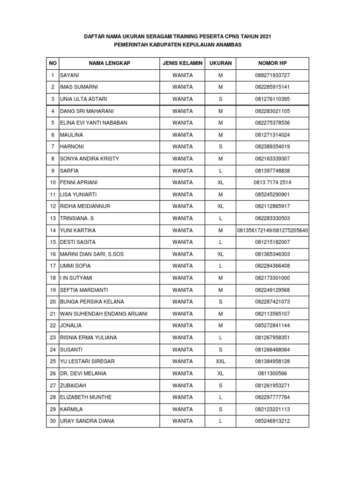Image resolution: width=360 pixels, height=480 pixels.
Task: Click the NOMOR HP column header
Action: tap(272, 63)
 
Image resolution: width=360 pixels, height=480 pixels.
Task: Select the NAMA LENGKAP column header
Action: tap(110, 63)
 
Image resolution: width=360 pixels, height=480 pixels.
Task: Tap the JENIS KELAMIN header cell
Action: tap(182, 63)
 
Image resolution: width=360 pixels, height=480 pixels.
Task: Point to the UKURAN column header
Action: tap(220, 63)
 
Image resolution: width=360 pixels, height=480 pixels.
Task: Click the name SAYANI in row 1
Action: tap(69, 75)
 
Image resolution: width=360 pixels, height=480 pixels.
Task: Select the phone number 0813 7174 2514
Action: tap(272, 182)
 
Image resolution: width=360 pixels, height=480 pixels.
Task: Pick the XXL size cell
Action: tap(220, 361)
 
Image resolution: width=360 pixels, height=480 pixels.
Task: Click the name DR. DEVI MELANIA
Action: tap(83, 374)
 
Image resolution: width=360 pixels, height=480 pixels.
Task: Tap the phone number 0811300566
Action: tap(272, 374)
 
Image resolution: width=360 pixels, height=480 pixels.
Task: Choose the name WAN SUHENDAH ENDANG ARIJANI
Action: tap(104, 314)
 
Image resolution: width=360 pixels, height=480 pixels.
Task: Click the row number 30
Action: tap(52, 421)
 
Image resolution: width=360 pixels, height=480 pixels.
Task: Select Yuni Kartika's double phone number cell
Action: tap(272, 230)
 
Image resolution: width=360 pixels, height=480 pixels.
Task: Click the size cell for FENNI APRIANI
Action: tap(220, 182)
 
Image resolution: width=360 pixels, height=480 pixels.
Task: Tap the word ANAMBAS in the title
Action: tap(226, 45)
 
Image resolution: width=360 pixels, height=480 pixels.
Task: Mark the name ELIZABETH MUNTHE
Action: tap(86, 397)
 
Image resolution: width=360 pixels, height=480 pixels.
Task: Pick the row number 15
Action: tap(52, 242)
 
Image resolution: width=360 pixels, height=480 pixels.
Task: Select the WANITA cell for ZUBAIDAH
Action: tap(182, 385)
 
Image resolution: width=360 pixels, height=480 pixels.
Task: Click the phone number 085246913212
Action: tap(272, 421)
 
